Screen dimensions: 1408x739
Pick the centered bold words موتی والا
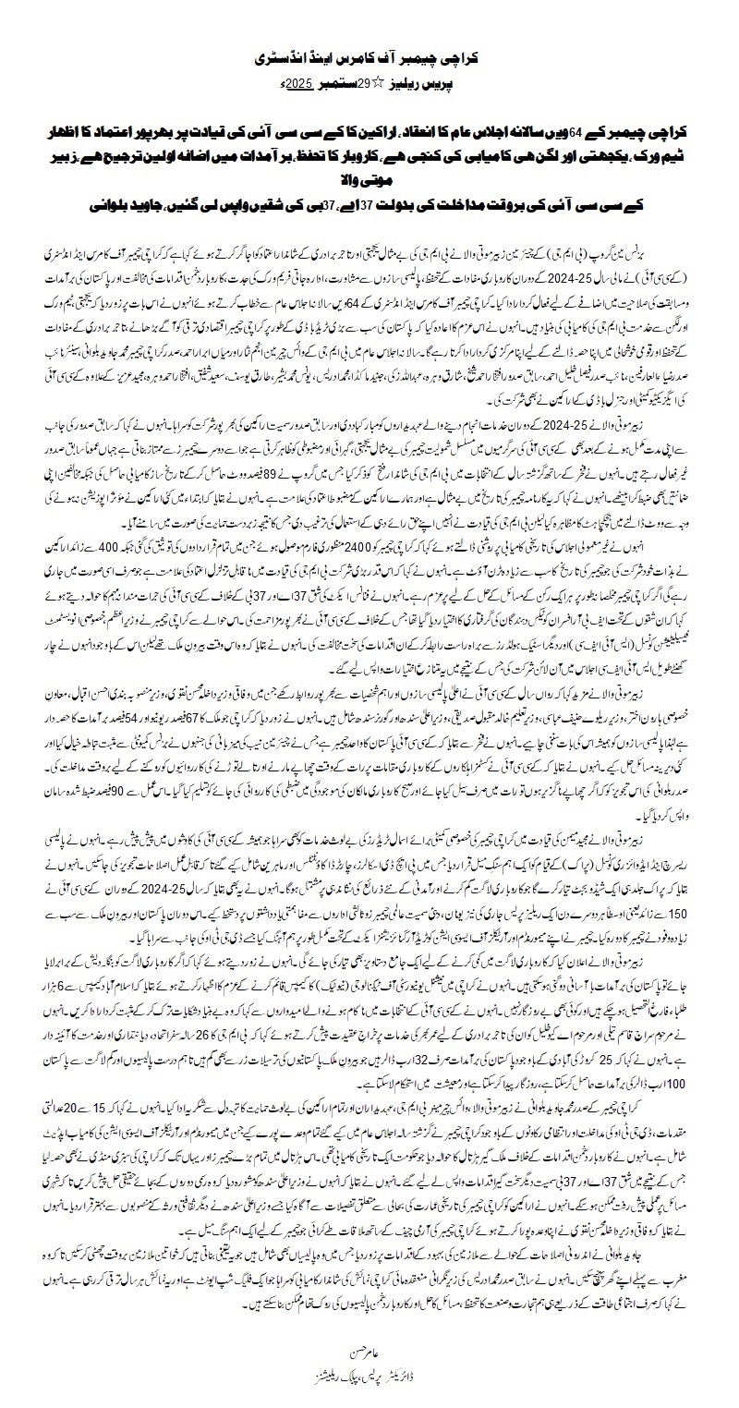click(369, 168)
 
